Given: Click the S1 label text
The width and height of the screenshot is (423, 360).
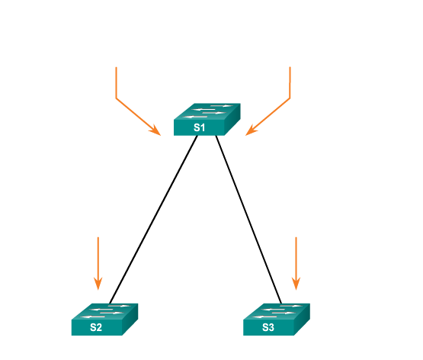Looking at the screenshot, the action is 199,127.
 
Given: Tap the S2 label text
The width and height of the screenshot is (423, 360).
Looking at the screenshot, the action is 96,327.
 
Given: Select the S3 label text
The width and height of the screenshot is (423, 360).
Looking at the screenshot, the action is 268,327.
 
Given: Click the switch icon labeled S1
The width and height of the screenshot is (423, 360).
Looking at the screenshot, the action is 207,119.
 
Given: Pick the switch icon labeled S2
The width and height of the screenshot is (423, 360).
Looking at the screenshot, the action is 104,320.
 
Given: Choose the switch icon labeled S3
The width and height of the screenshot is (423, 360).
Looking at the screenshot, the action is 277,320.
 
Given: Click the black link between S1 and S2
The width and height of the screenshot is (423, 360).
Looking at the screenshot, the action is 153,220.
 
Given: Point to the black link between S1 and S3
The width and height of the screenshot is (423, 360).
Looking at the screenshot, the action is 248,220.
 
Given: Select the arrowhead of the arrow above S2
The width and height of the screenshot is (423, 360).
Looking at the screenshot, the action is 98,284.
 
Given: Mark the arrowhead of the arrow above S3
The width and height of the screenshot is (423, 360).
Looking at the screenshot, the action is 296,284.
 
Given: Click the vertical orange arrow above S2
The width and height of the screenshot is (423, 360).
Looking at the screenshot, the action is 98,264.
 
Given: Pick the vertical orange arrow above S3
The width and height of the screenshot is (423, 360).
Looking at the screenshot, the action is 296,264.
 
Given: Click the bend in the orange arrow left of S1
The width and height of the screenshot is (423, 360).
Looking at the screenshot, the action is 117,98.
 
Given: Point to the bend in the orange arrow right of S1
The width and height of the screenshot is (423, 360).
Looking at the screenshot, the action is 290,98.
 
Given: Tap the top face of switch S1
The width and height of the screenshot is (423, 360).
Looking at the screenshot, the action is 207,111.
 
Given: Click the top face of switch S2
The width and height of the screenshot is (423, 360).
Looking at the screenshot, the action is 104,311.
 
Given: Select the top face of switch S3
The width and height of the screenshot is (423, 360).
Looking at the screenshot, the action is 277,311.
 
